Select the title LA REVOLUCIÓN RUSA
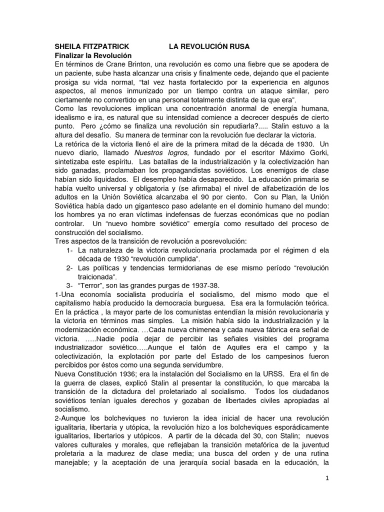[209, 46]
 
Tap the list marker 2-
[70, 268]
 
